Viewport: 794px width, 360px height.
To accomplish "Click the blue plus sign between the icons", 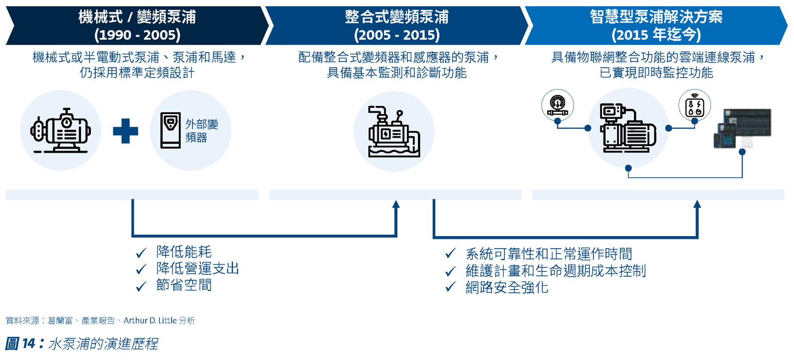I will coord(126,131).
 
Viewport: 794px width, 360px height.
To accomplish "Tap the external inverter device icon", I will coord(170,130).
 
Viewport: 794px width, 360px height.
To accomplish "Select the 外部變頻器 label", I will coord(202,131).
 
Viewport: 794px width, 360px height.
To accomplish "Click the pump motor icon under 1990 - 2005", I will coord(61,130).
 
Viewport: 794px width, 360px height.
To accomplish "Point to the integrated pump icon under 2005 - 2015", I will coord(394,132).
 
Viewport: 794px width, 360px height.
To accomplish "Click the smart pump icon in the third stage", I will coord(628,128).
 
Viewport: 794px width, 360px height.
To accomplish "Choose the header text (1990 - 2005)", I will coord(137,35).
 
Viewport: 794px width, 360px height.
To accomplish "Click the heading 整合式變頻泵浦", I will coord(397,17).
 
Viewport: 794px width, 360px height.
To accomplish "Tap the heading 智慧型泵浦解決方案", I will coord(656,17).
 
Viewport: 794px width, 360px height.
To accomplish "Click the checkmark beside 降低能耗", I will coord(141,253).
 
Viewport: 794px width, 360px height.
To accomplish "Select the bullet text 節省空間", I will coord(184,285).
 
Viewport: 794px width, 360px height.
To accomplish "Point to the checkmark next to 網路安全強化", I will coord(450,287).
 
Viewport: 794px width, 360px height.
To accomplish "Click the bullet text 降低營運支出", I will coord(197,269).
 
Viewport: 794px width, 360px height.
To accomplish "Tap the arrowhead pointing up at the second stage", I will coord(396,204).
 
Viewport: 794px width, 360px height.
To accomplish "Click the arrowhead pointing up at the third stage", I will coord(697,204).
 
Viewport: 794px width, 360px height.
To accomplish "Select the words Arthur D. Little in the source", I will coord(150,321).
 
